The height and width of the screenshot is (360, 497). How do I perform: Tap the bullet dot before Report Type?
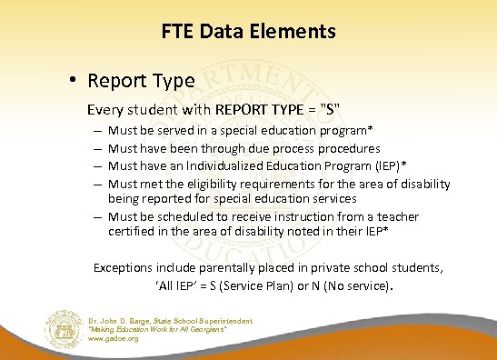click(x=70, y=80)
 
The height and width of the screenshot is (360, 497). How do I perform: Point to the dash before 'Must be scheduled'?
click(x=97, y=216)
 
